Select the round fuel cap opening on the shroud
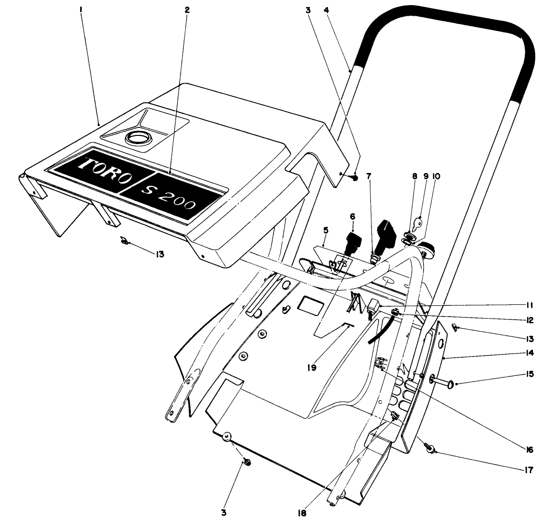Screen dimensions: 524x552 pyautogui.click(x=137, y=137)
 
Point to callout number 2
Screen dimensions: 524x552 pyautogui.click(x=186, y=9)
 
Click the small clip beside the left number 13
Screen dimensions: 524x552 pyautogui.click(x=124, y=240)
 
